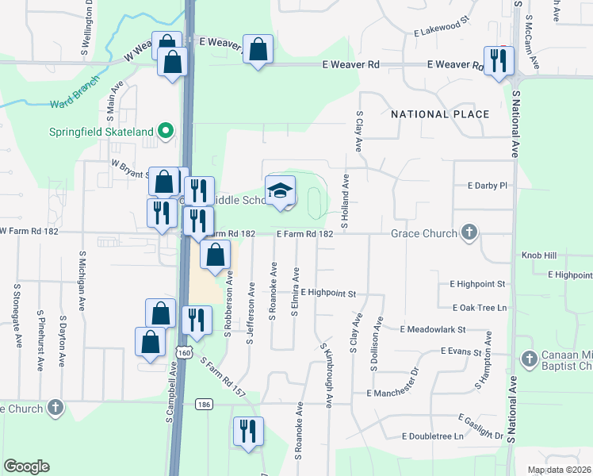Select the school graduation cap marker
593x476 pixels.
(280, 191)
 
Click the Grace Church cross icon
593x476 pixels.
(469, 233)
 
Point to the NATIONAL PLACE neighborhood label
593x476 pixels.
(440, 115)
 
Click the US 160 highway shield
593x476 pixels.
(184, 351)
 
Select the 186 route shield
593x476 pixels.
(204, 405)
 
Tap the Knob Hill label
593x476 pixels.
(539, 256)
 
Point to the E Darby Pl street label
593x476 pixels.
(487, 186)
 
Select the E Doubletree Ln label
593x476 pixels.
(432, 436)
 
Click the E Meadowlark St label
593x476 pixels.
(433, 328)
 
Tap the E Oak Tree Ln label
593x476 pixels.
(480, 307)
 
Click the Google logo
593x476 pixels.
(26, 466)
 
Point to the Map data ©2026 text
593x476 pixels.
(558, 470)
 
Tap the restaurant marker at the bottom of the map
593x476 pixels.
(248, 432)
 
